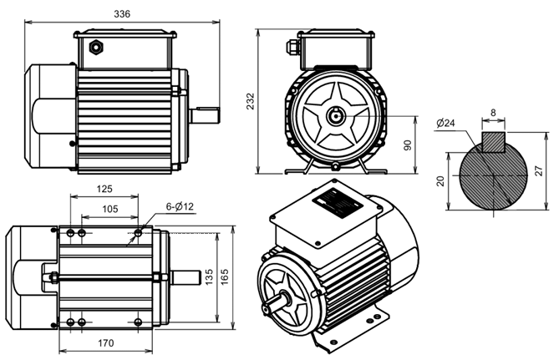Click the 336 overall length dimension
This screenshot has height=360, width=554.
click(122, 13)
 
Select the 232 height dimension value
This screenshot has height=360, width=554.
click(250, 101)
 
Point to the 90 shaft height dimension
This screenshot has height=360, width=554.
click(408, 145)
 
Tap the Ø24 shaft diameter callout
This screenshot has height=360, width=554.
click(445, 124)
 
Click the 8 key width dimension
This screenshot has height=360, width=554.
click(493, 113)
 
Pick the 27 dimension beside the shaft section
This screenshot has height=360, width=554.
click(538, 171)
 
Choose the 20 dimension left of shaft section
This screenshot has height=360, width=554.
click(440, 181)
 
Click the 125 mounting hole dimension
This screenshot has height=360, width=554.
click(104, 189)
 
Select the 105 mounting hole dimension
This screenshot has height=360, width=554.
click(110, 209)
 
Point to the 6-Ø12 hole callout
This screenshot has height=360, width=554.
click(180, 206)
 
